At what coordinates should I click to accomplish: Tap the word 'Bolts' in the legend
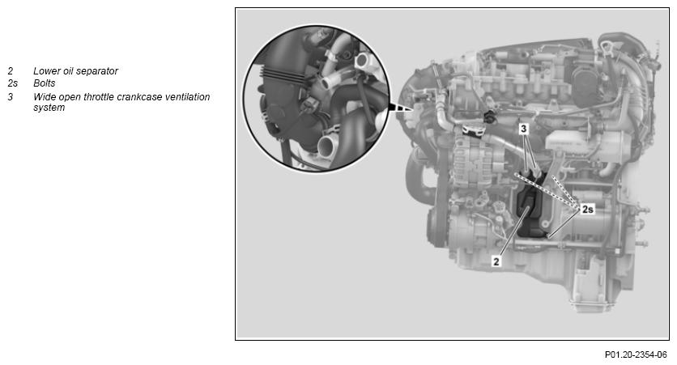pos(45,83)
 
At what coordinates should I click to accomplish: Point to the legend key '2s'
pos(12,83)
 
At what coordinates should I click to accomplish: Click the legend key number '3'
pos(11,97)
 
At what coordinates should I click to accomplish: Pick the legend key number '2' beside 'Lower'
pos(11,71)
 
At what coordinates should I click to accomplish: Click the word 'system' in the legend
pos(49,108)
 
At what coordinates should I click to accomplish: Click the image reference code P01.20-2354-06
pos(636,354)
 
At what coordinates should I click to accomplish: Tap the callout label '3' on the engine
pos(524,129)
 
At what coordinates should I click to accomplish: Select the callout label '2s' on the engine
pos(587,210)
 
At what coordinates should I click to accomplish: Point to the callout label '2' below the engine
pos(496,261)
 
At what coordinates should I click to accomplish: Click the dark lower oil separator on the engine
pos(528,212)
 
